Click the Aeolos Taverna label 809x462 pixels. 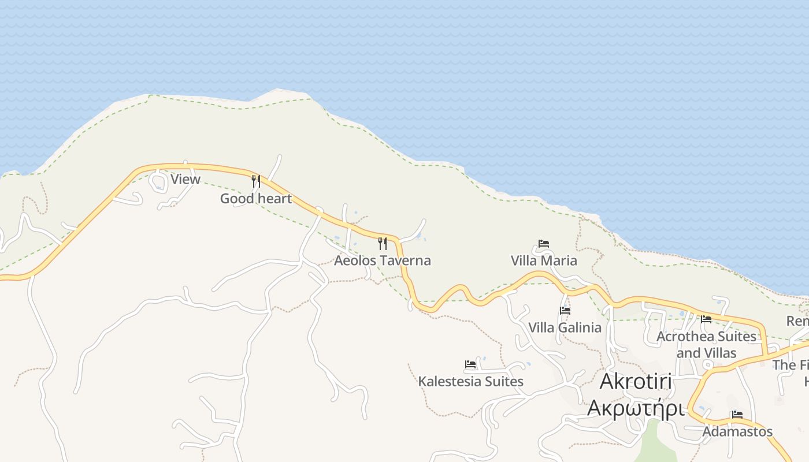point(382,260)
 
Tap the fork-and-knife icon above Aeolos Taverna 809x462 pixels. point(382,243)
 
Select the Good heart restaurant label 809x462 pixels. point(255,199)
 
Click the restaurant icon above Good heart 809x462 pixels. point(255,181)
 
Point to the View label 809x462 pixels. point(185,179)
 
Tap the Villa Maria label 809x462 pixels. point(544,260)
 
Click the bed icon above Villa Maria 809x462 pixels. point(543,244)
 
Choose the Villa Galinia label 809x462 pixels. point(565,327)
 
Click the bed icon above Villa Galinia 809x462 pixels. point(565,311)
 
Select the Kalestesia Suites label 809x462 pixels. point(470,381)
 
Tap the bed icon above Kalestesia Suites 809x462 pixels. point(470,364)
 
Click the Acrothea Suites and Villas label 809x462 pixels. point(706,344)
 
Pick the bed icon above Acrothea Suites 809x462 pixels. point(706,319)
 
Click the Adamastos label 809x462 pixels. point(737,431)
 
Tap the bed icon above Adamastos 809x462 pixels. point(737,415)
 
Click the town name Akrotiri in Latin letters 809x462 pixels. point(636,382)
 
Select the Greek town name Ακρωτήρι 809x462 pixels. point(636,408)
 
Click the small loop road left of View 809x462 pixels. point(157,181)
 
